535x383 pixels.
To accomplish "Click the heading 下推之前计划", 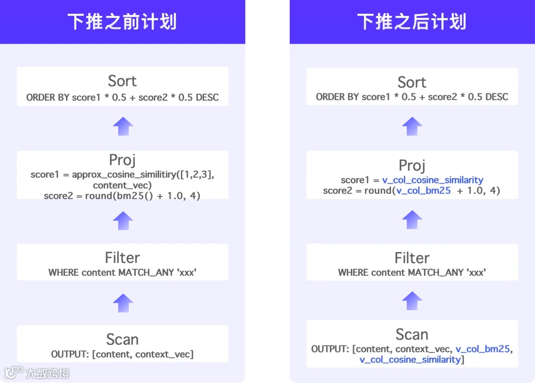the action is point(122,22).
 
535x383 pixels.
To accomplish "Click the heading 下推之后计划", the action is point(412,22).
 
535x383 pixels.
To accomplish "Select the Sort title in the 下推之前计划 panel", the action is point(122,81).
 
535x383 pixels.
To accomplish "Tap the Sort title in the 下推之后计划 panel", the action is point(412,82).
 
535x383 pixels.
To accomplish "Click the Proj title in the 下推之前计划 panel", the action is point(122,160).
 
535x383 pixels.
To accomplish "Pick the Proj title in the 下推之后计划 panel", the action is point(412,165).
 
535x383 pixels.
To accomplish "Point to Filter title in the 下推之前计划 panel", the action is point(122,257).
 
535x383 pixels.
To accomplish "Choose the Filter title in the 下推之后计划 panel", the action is point(412,258).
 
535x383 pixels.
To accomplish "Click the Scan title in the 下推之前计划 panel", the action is point(122,339).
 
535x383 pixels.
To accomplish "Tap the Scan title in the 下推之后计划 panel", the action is point(412,334).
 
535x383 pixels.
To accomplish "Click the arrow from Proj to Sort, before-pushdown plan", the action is point(123,127).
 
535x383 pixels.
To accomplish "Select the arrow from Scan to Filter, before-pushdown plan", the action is point(123,303).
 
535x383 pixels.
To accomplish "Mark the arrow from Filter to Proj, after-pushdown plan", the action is point(412,219).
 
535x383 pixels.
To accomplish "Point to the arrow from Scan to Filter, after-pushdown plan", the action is point(412,301).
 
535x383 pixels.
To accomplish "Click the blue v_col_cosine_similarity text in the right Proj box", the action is point(432,180).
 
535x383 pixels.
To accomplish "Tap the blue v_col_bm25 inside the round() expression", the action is point(423,191).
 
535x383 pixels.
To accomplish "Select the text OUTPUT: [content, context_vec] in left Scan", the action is point(122,354).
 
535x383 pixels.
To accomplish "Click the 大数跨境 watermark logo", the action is point(37,373).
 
